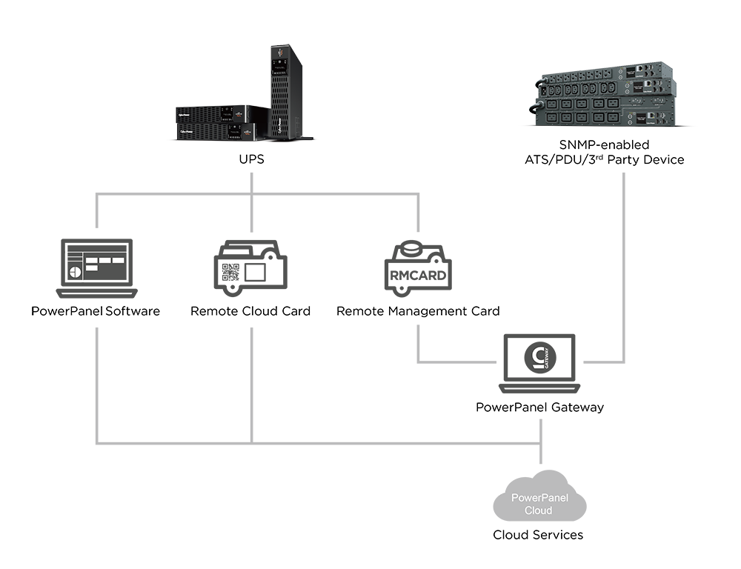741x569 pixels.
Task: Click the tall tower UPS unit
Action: click(280, 89)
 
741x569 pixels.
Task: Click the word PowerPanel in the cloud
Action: click(539, 498)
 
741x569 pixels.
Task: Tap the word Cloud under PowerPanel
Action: click(539, 510)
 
